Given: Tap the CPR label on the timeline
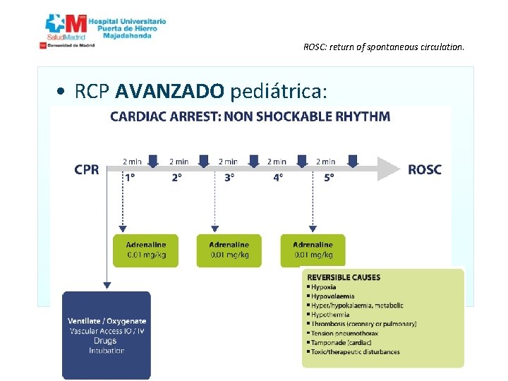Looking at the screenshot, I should pos(87,169).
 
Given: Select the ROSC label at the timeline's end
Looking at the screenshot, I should pos(424,169).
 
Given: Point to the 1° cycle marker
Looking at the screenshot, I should pos(131,178).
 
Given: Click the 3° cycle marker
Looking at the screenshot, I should pos(229,178).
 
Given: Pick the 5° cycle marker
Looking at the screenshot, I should pos(329,178).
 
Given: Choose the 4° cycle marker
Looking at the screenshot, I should pos(279,178).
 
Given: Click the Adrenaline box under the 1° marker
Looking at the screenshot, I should pos(146,250).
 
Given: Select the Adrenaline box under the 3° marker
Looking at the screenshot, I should pos(229,250).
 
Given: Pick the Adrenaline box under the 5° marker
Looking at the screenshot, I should pos(313,250).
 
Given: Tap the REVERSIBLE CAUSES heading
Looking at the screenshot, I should pos(344,277).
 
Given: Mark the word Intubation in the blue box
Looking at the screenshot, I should pos(107,351).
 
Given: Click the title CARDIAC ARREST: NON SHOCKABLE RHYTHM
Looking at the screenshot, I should pos(250,116).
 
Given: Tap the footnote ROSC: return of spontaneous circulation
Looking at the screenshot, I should pos(384,48).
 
